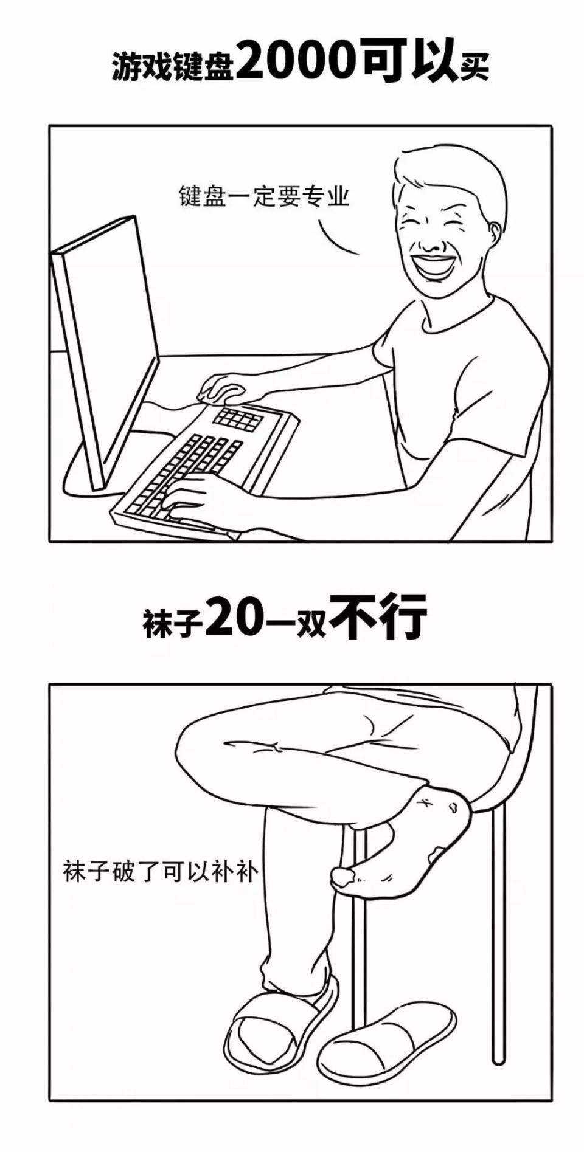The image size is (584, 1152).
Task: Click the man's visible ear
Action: (493, 234)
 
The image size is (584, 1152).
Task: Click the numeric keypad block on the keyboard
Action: (238, 419)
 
